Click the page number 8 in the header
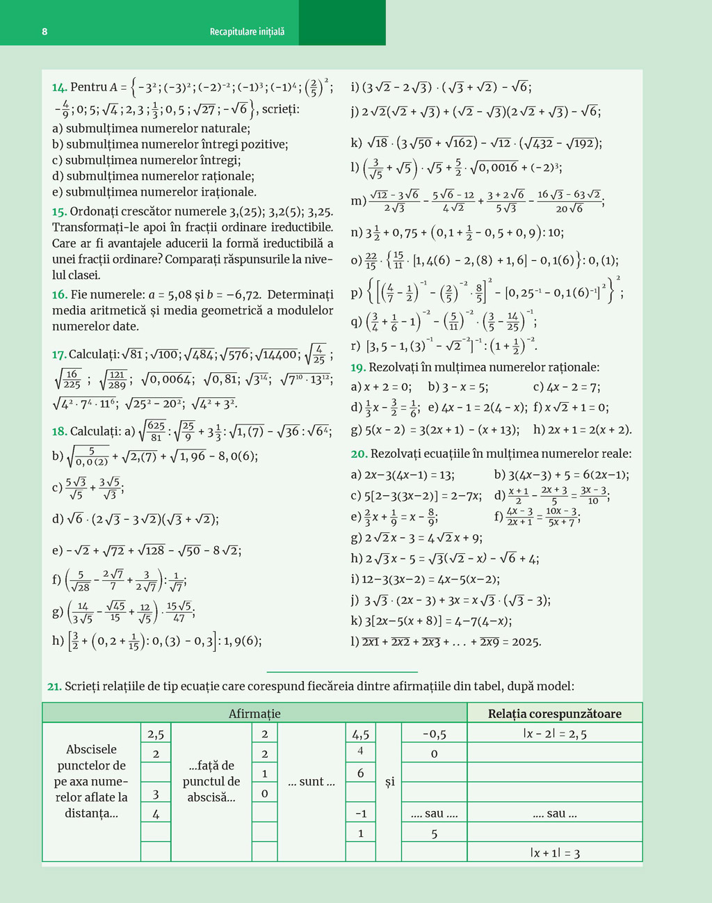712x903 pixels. tap(44, 31)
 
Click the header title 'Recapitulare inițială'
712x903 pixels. tap(247, 31)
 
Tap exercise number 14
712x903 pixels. tap(59, 88)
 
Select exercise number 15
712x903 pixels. tap(59, 211)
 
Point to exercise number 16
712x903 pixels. tap(59, 295)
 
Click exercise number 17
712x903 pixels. tap(59, 355)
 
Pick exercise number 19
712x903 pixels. tap(358, 367)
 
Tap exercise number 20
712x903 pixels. tap(359, 454)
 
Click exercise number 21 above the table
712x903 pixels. tap(54, 687)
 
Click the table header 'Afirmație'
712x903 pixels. tap(254, 714)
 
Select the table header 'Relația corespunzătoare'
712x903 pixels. tap(554, 714)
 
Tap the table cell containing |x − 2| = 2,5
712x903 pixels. tap(554, 734)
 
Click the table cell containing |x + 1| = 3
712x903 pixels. tap(554, 853)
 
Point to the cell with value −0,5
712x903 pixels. tap(434, 734)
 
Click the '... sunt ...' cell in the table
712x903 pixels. tap(311, 782)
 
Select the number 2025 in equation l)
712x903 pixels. tap(526, 642)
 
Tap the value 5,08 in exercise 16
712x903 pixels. tap(181, 295)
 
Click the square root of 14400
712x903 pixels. tap(277, 355)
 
